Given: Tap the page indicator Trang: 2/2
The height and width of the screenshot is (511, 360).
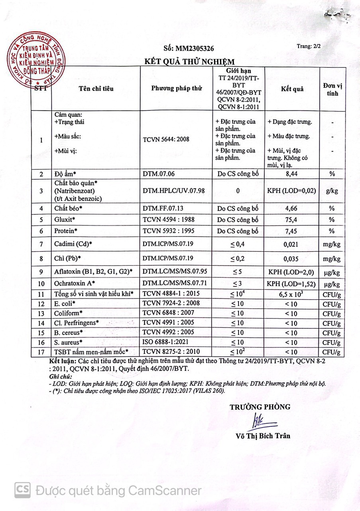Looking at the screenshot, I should pos(309,46).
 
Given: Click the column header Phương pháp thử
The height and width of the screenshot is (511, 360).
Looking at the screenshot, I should pos(176,89).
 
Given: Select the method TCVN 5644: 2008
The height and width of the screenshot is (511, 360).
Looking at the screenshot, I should pos(165,139).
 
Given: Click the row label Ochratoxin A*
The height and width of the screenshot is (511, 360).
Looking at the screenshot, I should pos(75,284).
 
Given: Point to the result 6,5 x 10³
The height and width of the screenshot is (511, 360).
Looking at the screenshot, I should pos(292,294).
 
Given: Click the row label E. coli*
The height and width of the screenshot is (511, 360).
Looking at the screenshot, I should pos(65,303).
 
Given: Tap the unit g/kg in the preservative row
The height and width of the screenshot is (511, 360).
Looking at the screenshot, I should pos(332,191).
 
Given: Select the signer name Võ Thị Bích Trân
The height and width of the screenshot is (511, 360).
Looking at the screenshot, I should pos(263,436).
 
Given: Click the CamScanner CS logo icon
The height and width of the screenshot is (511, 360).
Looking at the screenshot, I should pos(23,489).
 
